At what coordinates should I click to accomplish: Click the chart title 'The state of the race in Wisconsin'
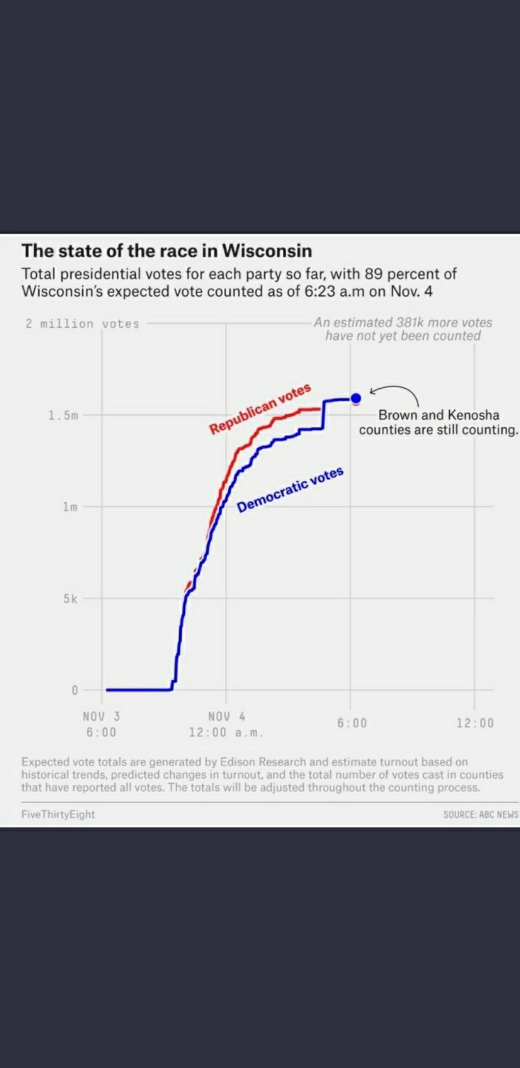166,251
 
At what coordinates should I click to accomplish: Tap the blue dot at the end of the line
356,398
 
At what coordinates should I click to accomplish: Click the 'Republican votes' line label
260,408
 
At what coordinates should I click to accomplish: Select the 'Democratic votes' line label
290,489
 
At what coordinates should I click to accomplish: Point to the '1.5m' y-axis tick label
63,415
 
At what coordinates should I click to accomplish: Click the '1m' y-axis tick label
70,507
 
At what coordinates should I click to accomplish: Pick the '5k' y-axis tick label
70,599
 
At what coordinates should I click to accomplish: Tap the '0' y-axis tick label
74,690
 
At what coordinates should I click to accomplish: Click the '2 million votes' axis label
82,324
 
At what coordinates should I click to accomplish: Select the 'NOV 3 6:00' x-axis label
101,724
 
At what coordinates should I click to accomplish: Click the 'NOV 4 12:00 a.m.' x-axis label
226,724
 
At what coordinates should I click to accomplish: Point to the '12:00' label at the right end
475,723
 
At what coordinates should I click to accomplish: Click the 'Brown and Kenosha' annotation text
439,415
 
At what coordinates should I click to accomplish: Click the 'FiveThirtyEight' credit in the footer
58,814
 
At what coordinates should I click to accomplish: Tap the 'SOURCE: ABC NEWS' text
480,815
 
